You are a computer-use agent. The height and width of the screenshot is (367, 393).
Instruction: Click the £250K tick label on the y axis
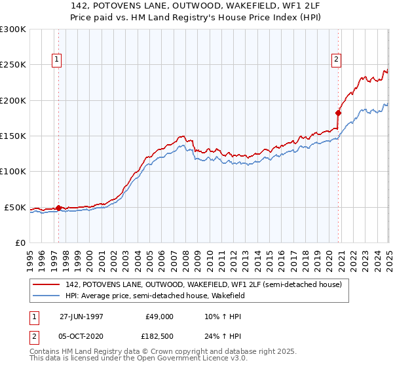coord(12,65)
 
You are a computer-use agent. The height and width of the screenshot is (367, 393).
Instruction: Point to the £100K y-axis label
coord(12,172)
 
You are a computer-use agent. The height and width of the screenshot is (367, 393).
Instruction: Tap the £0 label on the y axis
coord(20,242)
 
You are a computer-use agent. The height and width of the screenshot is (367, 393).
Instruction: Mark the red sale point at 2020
coord(339,113)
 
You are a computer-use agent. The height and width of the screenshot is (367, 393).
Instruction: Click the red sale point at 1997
coord(59,208)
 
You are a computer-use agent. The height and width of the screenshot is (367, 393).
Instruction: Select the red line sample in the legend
coord(47,284)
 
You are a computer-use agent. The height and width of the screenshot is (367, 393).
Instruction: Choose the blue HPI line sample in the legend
coord(47,296)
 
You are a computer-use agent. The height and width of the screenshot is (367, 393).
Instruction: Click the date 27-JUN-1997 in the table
coord(81,316)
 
